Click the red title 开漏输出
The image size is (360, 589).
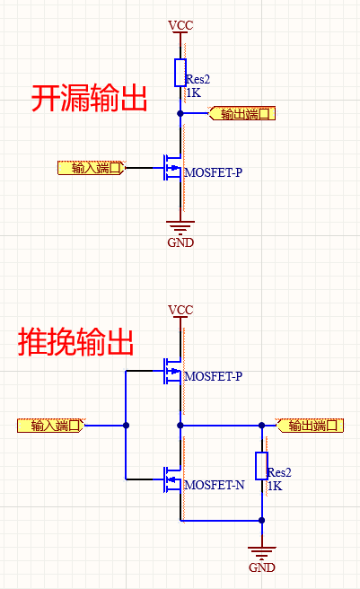pos(90,98)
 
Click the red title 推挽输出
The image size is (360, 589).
pos(76,342)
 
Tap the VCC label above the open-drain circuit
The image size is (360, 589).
pos(180,24)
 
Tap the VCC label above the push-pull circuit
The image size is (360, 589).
pos(180,310)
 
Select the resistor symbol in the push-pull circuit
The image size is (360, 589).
pos(262,466)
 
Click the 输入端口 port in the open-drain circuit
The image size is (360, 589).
pos(90,168)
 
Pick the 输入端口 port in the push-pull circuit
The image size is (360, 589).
pos(51,426)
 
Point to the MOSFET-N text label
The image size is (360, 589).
pos(214,485)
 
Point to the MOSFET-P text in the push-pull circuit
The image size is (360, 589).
pos(213,376)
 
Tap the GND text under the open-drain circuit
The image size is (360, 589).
pos(180,242)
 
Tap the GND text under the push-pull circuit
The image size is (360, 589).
pos(262,567)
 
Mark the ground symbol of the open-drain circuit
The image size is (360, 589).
pos(180,227)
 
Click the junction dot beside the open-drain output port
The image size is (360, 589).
pos(180,114)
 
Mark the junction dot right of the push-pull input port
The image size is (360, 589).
pos(127,426)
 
